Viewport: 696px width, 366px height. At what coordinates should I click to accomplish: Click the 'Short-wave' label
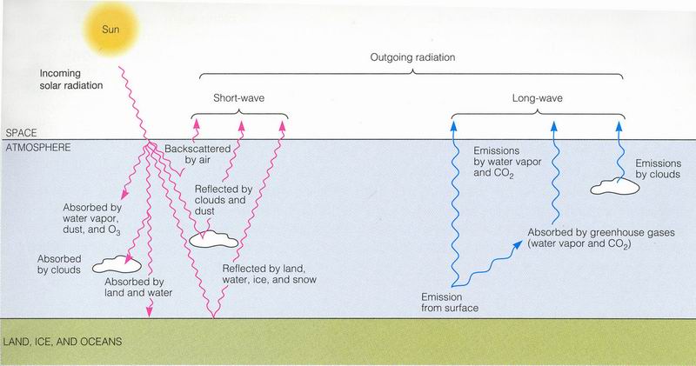tap(238, 100)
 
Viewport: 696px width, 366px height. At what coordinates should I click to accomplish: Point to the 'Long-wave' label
tap(536, 100)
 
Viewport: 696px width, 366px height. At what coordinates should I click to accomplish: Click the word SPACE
tap(20, 132)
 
